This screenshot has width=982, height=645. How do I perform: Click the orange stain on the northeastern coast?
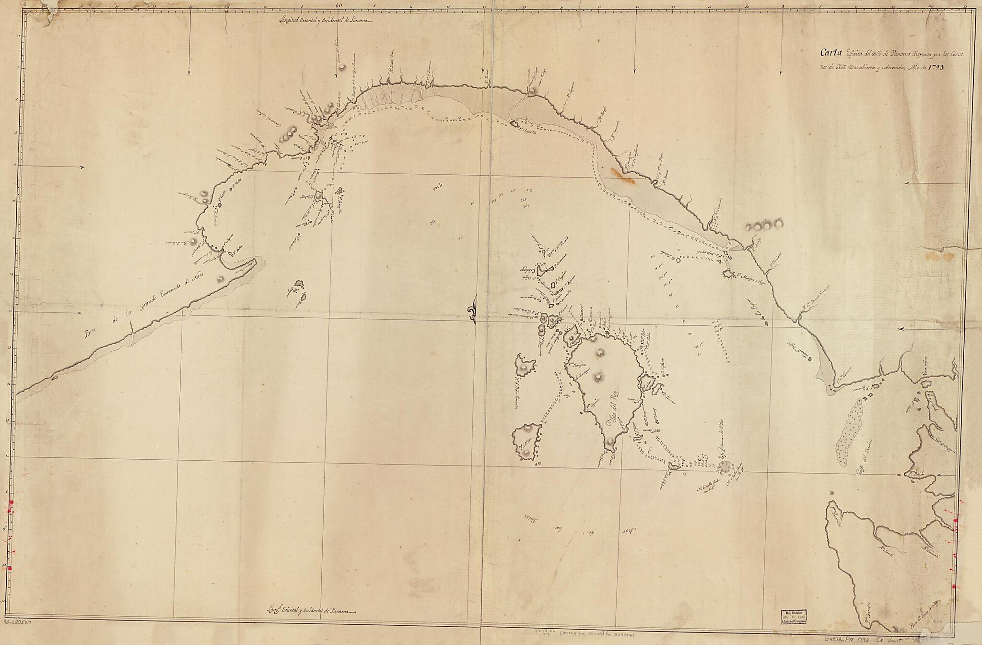point(622,177)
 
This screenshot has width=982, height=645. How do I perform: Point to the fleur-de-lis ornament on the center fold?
point(473,312)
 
